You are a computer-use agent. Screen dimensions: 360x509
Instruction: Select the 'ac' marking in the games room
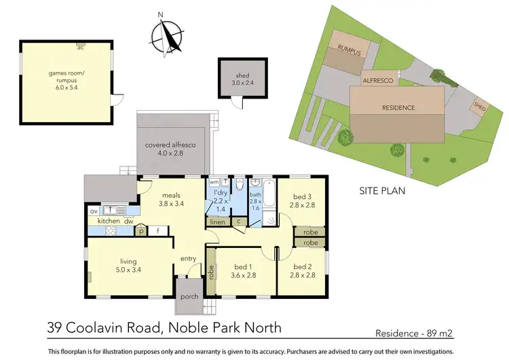pyautogui.click(x=81, y=48)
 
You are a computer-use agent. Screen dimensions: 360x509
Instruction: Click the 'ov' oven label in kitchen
pyautogui.click(x=94, y=211)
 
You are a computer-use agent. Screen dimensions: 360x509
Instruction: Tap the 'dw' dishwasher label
pyautogui.click(x=128, y=221)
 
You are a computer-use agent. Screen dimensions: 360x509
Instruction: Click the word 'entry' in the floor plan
pyautogui.click(x=188, y=258)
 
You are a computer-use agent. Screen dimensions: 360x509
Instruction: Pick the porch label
pyautogui.click(x=189, y=297)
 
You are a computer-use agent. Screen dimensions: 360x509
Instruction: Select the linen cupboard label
pyautogui.click(x=217, y=221)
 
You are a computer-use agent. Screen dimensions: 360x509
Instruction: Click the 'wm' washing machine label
pyautogui.click(x=214, y=183)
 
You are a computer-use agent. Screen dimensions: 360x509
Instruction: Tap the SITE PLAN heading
pyautogui.click(x=381, y=191)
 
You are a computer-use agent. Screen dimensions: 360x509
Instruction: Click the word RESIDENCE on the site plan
pyautogui.click(x=398, y=107)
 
